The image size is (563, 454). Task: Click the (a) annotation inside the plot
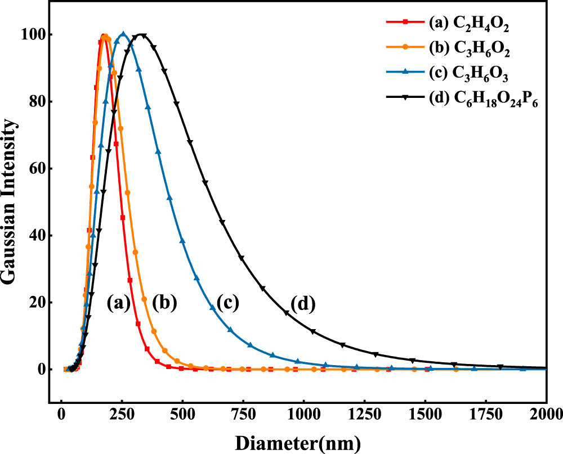119,304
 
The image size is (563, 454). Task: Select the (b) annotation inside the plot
164,304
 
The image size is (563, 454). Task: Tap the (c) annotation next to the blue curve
226,304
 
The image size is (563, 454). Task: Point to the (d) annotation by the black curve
302,305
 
